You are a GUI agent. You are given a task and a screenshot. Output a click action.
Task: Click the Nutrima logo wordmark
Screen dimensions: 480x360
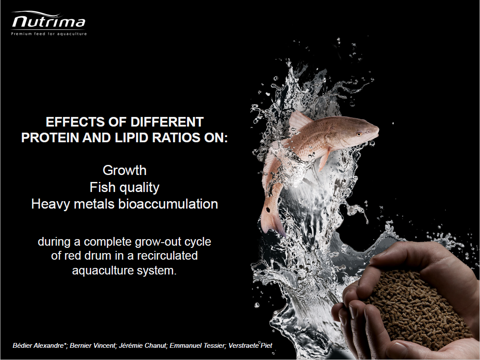coord(49,21)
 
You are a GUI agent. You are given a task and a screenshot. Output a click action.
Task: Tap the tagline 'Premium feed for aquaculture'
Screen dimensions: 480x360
coord(49,34)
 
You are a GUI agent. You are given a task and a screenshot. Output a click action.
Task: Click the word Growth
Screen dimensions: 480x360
coord(125,170)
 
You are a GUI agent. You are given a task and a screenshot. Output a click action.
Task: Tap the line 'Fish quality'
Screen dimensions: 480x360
coord(125,188)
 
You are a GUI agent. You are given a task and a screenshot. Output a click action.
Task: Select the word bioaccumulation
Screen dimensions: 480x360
coord(168,204)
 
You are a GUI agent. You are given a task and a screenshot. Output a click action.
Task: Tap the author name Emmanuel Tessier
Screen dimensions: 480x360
coord(197,346)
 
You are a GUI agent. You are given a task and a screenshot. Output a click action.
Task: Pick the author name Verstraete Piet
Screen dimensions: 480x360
coord(250,346)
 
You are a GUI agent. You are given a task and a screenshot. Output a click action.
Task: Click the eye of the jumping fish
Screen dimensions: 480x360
coord(358,134)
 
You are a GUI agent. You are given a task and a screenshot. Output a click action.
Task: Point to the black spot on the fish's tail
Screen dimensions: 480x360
coord(268,210)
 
